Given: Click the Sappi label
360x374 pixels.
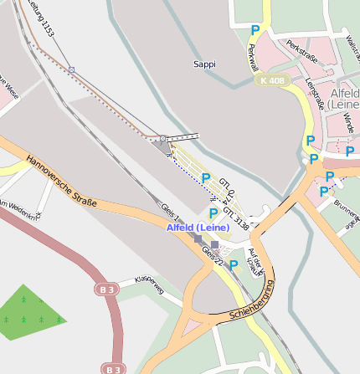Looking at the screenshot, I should tap(204, 64).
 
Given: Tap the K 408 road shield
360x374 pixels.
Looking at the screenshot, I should tap(274, 81).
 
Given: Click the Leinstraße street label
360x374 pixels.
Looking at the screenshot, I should tap(315, 95).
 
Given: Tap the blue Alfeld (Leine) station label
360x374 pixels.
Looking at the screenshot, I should tap(198, 228).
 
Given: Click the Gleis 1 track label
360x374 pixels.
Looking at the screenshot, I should tap(171, 213).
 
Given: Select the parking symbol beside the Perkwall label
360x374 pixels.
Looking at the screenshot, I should tap(255, 30).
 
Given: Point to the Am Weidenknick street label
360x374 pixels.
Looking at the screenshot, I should tap(18, 208).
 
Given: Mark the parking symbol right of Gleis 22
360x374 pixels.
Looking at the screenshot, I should tap(234, 264).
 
